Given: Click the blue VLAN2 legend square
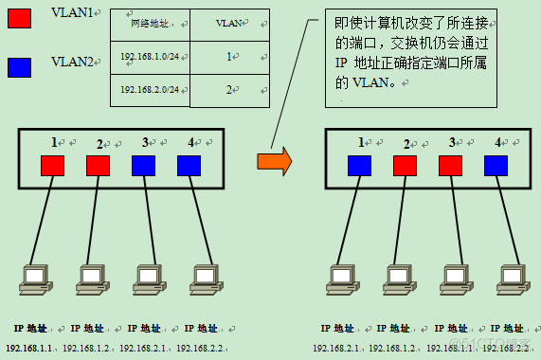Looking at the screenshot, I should (19, 65).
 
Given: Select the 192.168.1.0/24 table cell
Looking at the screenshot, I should (151, 58).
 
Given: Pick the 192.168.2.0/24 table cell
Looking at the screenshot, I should (151, 89).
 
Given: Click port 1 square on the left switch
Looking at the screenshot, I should (53, 166).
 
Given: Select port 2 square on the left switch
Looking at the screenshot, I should (99, 166).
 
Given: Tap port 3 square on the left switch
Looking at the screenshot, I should (144, 166).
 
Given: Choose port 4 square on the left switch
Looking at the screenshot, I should (189, 166).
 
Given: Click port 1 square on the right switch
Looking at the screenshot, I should (359, 166).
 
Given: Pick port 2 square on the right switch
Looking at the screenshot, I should (406, 166).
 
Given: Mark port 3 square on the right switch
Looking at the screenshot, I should (451, 166).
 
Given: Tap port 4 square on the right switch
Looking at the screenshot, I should (496, 166).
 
